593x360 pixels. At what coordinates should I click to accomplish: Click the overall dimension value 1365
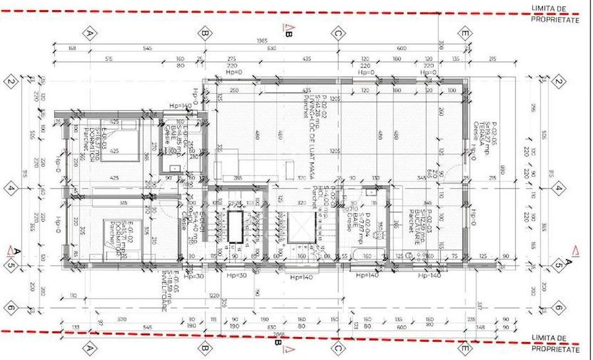click(262, 42)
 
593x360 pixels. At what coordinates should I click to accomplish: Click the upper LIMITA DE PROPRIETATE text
click(555, 14)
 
